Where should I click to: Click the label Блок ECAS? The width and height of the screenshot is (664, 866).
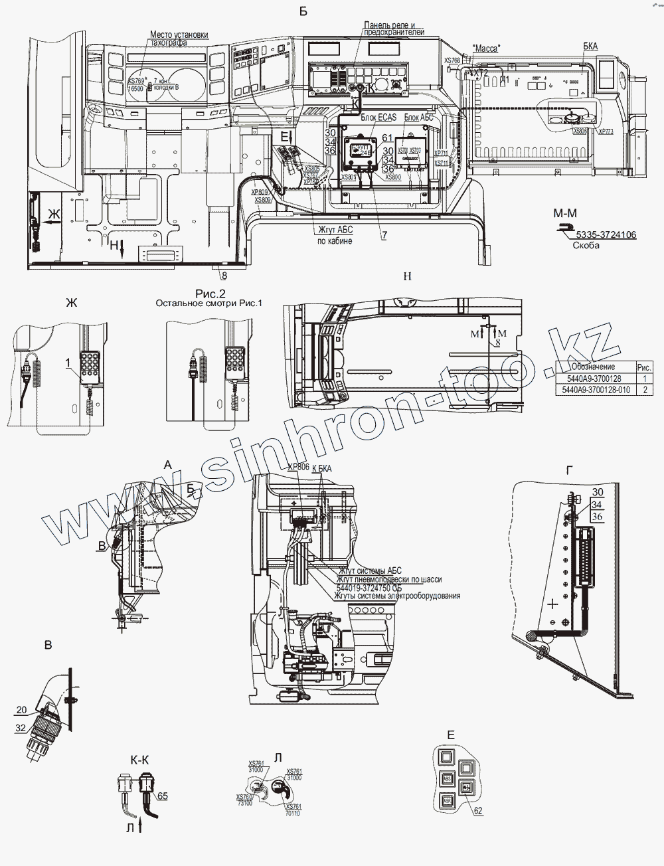(378, 116)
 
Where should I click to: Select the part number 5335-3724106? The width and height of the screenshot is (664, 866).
(606, 234)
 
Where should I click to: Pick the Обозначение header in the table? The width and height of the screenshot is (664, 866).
(593, 367)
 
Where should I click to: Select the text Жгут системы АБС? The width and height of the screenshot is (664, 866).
(370, 570)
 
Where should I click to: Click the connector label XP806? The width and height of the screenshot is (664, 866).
(298, 467)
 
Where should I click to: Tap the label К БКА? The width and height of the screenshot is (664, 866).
(321, 468)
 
